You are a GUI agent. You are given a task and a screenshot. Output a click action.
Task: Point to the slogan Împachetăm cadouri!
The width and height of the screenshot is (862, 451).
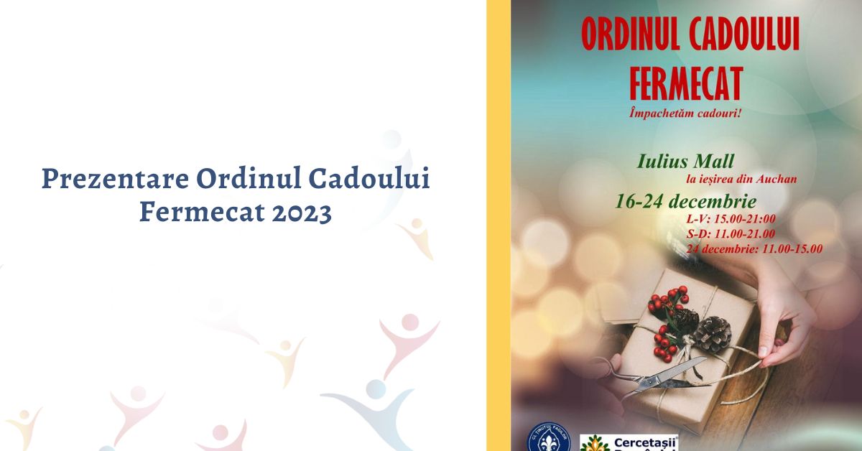click(684, 113)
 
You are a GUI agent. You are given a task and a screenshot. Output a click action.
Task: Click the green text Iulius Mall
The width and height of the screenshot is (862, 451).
click(685, 160)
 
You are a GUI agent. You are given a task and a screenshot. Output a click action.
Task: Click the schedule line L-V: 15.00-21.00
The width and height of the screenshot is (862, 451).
click(731, 218)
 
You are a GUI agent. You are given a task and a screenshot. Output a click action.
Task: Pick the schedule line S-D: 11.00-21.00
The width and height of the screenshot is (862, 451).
click(731, 233)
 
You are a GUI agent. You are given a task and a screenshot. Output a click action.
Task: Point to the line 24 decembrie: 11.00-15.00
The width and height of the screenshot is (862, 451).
click(754, 248)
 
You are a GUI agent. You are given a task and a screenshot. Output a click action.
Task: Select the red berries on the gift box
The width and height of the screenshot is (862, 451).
click(666, 316)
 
